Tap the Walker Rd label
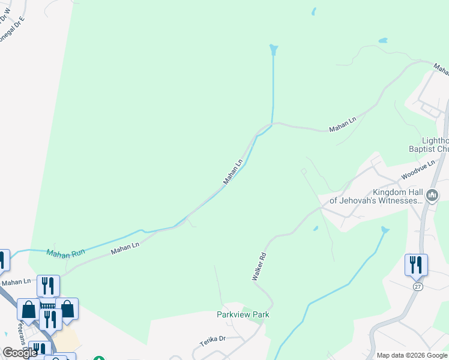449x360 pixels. point(259,267)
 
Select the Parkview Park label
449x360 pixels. point(243,314)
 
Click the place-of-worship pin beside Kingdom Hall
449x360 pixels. point(432,195)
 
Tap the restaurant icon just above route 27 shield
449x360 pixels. point(416,265)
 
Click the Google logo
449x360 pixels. point(20,353)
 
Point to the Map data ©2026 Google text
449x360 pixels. point(412,355)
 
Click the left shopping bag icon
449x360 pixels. point(28,310)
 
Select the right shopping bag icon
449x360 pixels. point(67,308)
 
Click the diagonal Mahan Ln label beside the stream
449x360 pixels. point(233,172)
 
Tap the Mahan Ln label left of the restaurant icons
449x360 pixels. point(16,281)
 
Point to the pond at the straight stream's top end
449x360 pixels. point(274,49)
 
